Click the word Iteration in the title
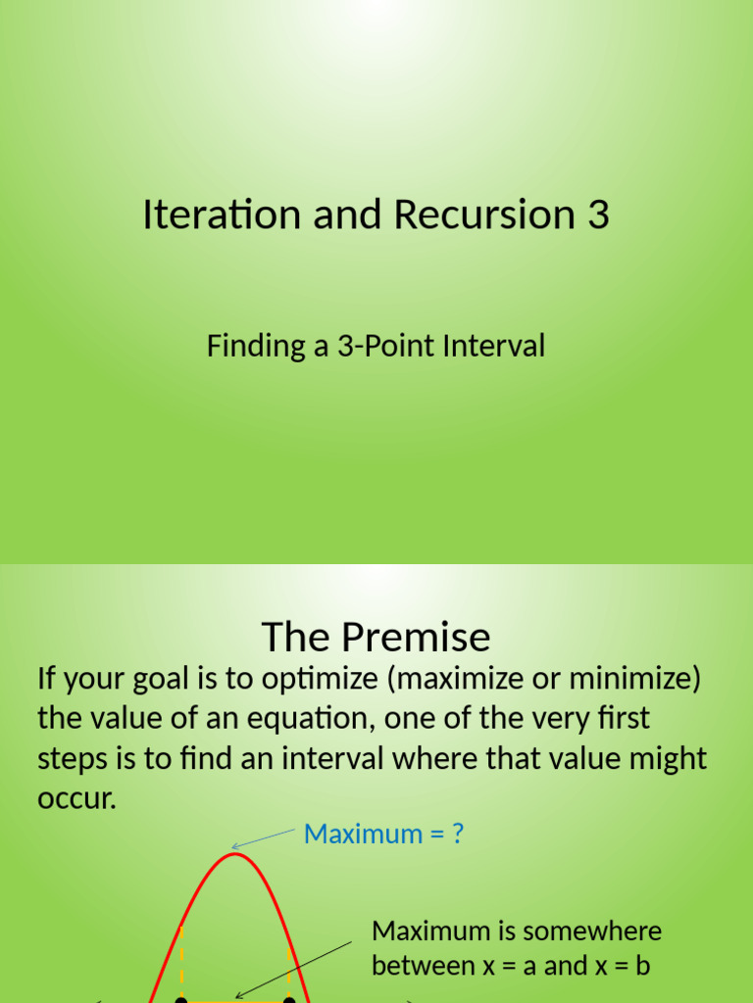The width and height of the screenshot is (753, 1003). [x=222, y=215]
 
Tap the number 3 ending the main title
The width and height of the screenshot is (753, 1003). [x=598, y=215]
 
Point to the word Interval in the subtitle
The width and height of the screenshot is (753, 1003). [x=489, y=346]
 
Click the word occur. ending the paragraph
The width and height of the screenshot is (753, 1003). [x=76, y=798]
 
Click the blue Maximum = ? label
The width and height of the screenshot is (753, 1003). [x=383, y=834]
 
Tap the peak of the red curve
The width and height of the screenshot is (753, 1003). [x=233, y=854]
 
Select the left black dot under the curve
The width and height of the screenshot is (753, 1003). [x=180, y=999]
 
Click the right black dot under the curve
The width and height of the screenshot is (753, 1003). [x=289, y=999]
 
